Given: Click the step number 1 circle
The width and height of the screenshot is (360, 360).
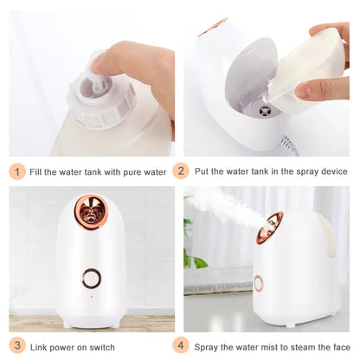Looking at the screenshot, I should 17,170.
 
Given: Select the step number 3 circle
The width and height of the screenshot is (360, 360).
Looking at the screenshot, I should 17,346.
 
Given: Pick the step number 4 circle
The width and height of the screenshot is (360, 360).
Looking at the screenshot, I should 198,346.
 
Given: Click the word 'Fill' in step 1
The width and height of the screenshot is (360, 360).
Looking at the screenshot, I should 39,171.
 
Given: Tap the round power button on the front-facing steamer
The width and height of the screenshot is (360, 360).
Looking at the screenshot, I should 91,278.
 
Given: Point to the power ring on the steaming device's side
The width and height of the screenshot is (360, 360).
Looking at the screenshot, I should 258,283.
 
